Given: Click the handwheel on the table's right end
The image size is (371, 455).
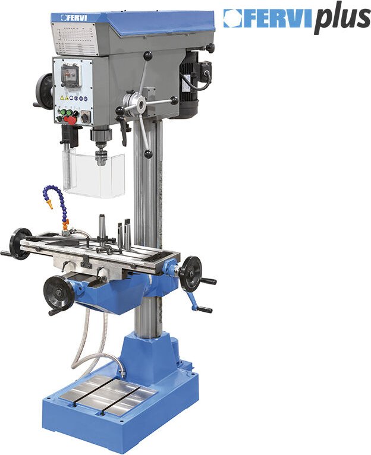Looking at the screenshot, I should [x=190, y=273].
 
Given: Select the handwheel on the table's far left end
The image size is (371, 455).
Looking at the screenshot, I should [x=20, y=243].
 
